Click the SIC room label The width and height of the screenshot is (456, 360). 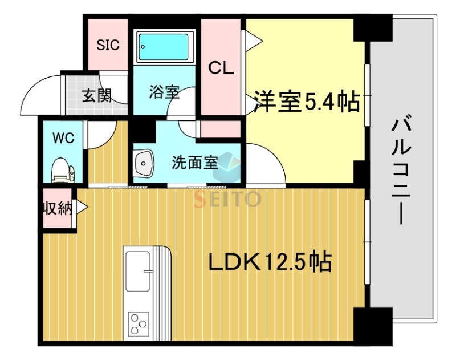pyautogui.click(x=108, y=45)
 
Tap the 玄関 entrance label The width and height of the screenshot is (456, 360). pyautogui.click(x=96, y=95)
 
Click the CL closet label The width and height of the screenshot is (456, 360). pyautogui.click(x=221, y=68)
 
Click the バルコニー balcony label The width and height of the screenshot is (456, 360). pyautogui.click(x=401, y=169)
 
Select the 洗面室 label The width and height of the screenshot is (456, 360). pyautogui.click(x=195, y=163)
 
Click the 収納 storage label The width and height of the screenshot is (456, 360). pyautogui.click(x=57, y=209)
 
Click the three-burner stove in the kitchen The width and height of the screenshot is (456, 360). pyautogui.click(x=138, y=323)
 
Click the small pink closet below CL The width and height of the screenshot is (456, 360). pyautogui.click(x=221, y=129)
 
